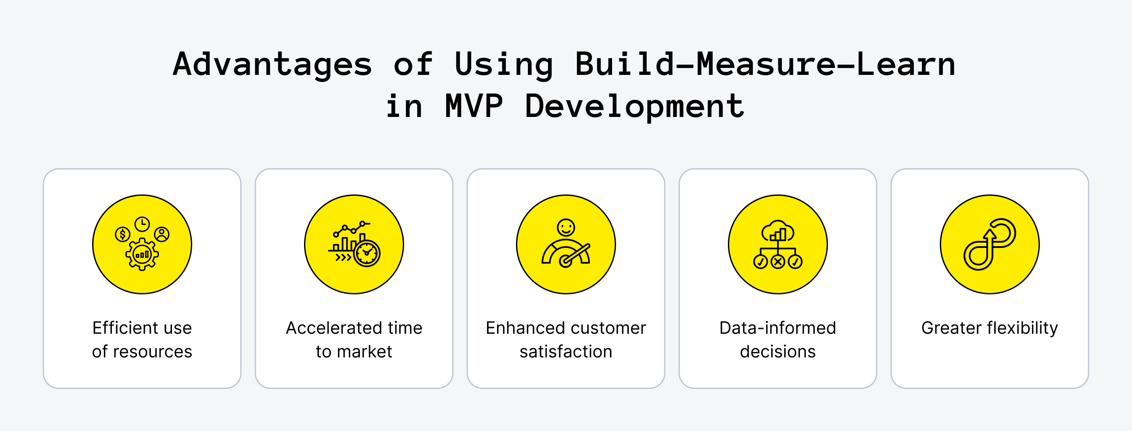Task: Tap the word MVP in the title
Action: (x=474, y=106)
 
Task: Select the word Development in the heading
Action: (x=634, y=106)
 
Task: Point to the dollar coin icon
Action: (x=122, y=234)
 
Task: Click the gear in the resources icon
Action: (x=142, y=254)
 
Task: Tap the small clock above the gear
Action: (x=142, y=224)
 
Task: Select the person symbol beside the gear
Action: (x=162, y=234)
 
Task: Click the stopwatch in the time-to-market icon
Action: (x=367, y=253)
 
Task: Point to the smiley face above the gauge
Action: (x=566, y=227)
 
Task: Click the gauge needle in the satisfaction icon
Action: (x=576, y=254)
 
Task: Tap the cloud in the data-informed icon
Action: (x=778, y=231)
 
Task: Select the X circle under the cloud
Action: (x=778, y=262)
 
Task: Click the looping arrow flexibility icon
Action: (x=989, y=244)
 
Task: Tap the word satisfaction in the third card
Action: (x=566, y=352)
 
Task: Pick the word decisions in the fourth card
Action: (x=777, y=352)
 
